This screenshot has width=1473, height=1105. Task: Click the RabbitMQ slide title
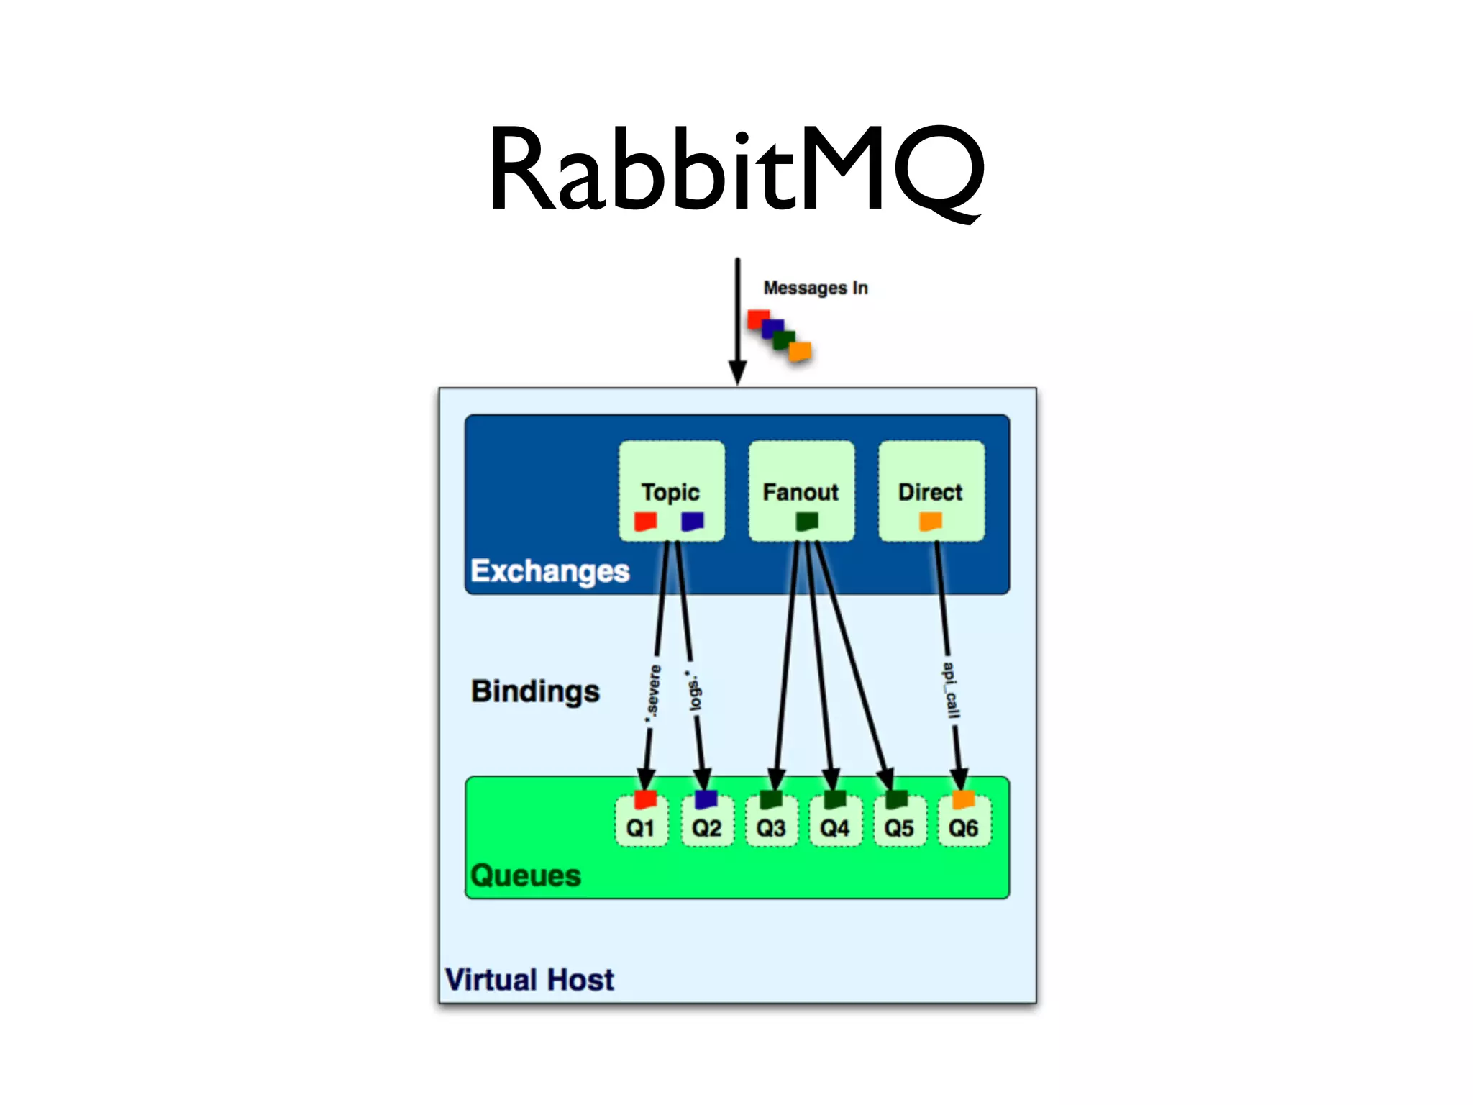pyautogui.click(x=736, y=170)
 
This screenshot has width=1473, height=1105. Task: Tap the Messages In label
pyautogui.click(x=815, y=288)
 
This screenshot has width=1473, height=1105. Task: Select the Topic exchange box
pyautogui.click(x=671, y=491)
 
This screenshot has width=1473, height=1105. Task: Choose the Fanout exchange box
pyautogui.click(x=801, y=491)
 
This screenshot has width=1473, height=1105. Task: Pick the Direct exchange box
pyautogui.click(x=930, y=491)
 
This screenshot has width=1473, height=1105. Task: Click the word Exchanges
pyautogui.click(x=549, y=570)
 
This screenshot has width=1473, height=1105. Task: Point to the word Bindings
pyautogui.click(x=535, y=691)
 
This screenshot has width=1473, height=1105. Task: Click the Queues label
pyautogui.click(x=525, y=876)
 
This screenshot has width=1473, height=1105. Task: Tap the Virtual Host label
pyautogui.click(x=529, y=980)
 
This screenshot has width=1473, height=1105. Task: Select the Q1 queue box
pyautogui.click(x=641, y=826)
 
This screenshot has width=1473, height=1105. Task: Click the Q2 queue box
pyautogui.click(x=706, y=826)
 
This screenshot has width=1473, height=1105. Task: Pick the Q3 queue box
pyautogui.click(x=771, y=826)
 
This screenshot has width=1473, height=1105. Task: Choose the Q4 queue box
pyautogui.click(x=835, y=826)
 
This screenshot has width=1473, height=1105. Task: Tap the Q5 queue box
pyautogui.click(x=899, y=826)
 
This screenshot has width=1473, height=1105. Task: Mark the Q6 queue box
pyautogui.click(x=964, y=826)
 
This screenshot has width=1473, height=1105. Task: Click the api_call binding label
pyautogui.click(x=951, y=691)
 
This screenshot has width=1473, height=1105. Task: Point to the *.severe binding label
pyautogui.click(x=653, y=692)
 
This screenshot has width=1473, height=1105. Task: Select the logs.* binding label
pyautogui.click(x=694, y=691)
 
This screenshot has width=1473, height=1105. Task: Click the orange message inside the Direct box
pyautogui.click(x=931, y=521)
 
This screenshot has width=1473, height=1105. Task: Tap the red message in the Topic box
pyautogui.click(x=645, y=521)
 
